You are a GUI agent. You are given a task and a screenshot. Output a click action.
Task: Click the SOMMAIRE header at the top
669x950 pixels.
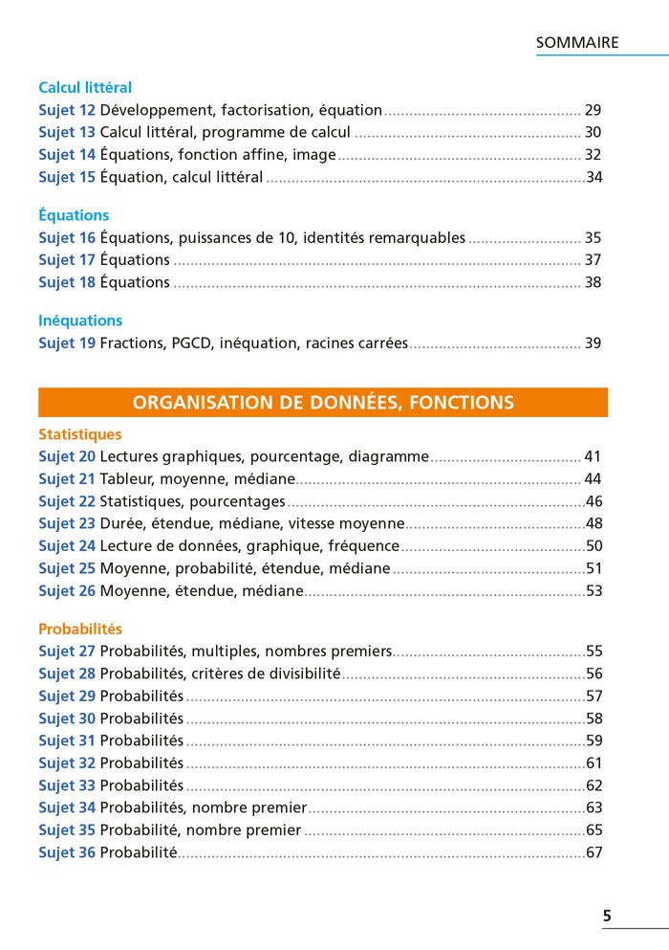(x=577, y=43)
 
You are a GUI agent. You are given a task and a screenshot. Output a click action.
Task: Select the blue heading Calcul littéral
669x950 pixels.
(x=85, y=88)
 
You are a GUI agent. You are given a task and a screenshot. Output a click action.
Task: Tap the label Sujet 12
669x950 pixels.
(x=67, y=111)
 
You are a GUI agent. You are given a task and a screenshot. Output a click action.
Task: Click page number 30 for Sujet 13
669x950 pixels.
(x=593, y=133)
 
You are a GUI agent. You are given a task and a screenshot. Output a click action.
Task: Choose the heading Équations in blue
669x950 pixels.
(x=74, y=215)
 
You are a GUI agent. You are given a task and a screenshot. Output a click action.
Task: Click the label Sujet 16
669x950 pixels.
(x=67, y=238)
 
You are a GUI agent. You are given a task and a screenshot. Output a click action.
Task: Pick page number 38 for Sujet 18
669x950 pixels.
(x=593, y=283)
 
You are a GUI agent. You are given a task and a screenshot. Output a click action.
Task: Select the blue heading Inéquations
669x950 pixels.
(x=80, y=320)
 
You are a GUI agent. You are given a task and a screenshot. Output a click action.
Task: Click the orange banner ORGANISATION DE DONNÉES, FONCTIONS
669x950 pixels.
(x=323, y=403)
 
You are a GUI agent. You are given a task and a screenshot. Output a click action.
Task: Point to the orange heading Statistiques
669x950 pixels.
(x=80, y=435)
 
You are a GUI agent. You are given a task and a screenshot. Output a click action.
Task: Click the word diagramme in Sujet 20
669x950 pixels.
(x=388, y=457)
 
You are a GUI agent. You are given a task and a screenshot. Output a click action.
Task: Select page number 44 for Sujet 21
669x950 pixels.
(x=593, y=479)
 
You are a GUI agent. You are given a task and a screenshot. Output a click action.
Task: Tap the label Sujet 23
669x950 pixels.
(x=67, y=524)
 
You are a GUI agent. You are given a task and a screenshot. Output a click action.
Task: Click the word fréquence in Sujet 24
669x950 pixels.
(x=357, y=546)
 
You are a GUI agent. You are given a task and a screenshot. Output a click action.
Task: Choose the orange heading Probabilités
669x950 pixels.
(x=80, y=630)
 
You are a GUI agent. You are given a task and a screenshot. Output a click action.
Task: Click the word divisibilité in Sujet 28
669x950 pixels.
(x=295, y=674)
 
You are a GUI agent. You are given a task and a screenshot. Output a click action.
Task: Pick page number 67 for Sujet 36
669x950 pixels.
(x=593, y=852)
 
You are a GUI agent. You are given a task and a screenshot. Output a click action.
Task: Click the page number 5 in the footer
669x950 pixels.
(x=607, y=917)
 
